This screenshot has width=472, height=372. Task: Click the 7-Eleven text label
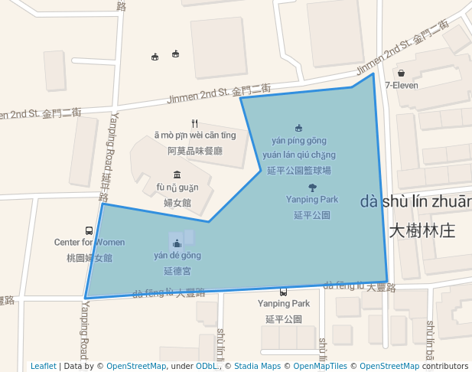[402, 85]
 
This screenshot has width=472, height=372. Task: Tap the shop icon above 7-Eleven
[401, 73]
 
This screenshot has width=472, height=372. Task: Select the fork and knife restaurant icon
[195, 123]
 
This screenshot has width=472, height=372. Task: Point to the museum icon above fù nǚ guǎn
[177, 175]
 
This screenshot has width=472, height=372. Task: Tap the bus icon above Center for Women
[90, 230]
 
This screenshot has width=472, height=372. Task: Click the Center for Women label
[89, 243]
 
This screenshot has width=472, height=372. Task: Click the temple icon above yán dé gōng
[177, 243]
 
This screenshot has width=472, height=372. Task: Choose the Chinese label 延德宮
[177, 271]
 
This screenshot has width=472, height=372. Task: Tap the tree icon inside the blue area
[312, 187]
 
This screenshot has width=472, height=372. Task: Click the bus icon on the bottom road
[284, 292]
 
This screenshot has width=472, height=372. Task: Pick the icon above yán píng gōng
[298, 129]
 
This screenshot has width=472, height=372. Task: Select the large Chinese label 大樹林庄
[422, 230]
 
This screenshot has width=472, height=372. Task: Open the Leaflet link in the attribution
[44, 366]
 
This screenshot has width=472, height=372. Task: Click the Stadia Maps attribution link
[257, 366]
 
